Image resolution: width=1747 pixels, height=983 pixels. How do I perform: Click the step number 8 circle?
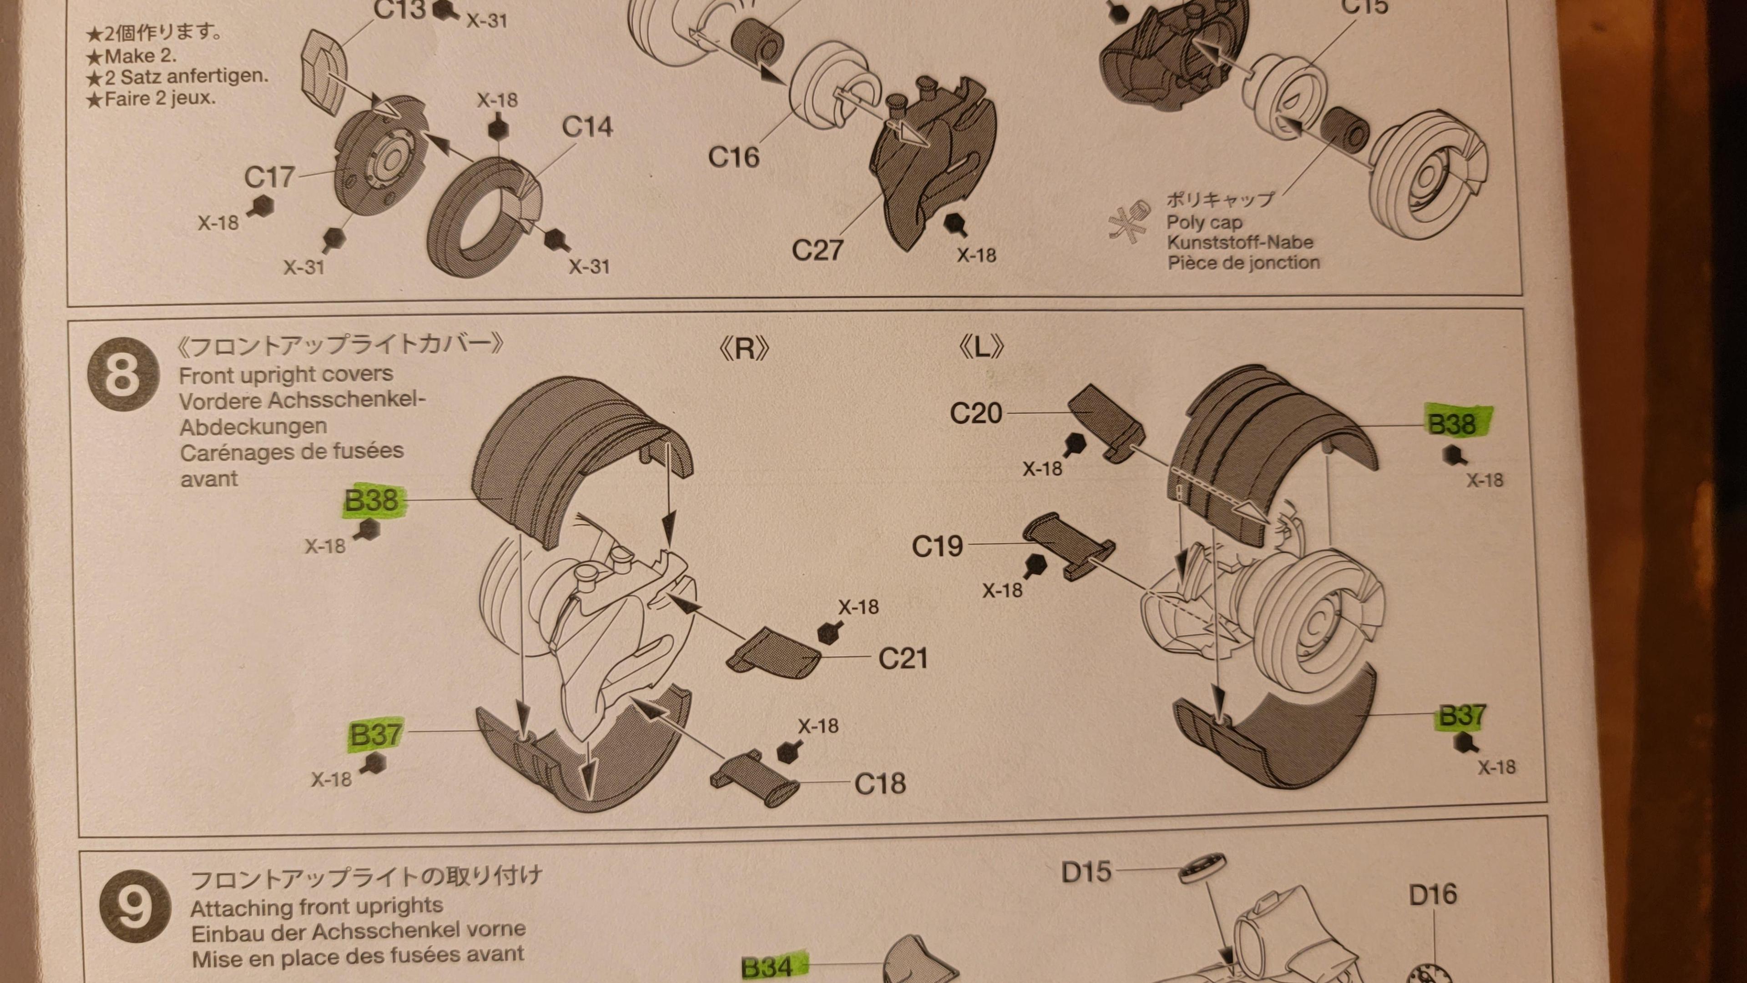123,374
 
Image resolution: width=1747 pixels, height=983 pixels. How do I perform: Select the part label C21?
903,657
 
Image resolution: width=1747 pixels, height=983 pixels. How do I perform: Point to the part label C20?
976,412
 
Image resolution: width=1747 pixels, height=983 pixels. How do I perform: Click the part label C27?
817,250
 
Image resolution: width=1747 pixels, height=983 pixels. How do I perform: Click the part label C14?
587,127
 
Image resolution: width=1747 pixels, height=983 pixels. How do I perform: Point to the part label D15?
1086,872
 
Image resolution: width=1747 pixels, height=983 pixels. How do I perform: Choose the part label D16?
1433,895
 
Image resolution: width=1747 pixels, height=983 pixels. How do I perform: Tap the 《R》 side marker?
744,348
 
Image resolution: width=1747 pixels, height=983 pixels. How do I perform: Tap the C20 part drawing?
1106,422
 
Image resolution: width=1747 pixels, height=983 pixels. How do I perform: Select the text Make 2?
140,55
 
